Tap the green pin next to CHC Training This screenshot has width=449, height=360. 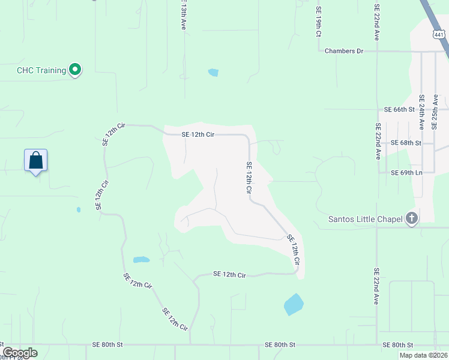coord(75,70)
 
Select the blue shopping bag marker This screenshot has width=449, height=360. coord(36,161)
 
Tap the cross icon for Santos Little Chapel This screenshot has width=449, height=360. coord(411,218)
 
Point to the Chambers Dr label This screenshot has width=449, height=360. coord(344,51)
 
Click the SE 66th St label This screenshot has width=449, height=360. coord(399,110)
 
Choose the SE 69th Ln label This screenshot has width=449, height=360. coord(406,173)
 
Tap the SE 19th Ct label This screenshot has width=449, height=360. coord(319,22)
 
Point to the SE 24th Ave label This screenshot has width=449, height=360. coord(422,112)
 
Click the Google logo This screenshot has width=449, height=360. coord(20,353)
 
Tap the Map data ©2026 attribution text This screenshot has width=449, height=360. coord(423,355)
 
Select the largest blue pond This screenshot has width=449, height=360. coord(293,304)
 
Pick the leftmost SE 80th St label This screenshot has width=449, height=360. coord(107,345)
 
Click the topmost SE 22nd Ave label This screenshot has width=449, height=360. coord(377,23)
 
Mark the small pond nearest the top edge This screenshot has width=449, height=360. coord(213,73)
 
